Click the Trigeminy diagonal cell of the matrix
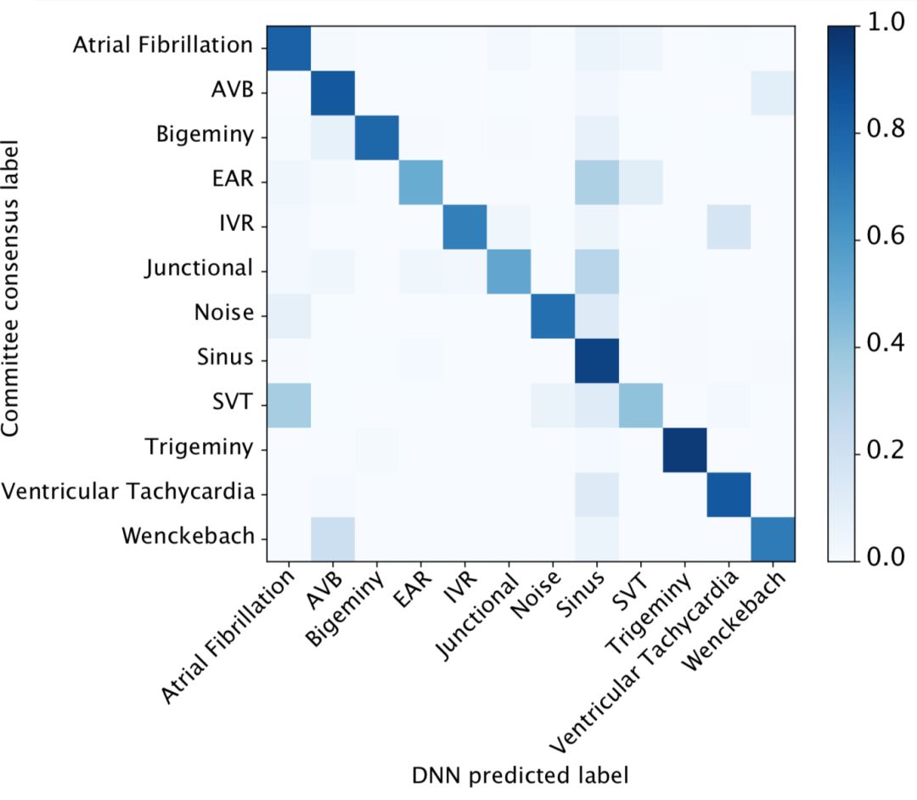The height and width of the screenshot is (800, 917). (x=684, y=448)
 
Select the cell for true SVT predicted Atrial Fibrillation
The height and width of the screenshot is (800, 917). (x=289, y=404)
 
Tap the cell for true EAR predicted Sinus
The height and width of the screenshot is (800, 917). (x=597, y=182)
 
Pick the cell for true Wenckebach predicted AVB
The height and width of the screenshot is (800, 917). (x=333, y=538)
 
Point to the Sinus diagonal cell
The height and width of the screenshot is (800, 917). (x=597, y=359)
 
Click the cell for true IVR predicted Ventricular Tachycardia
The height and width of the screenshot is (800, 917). (x=729, y=226)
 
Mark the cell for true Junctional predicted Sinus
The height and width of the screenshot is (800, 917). (x=597, y=271)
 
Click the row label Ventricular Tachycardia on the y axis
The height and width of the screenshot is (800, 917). (x=127, y=493)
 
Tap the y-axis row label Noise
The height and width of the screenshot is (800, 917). (x=224, y=313)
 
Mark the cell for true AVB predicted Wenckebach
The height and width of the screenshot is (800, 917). (x=773, y=93)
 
